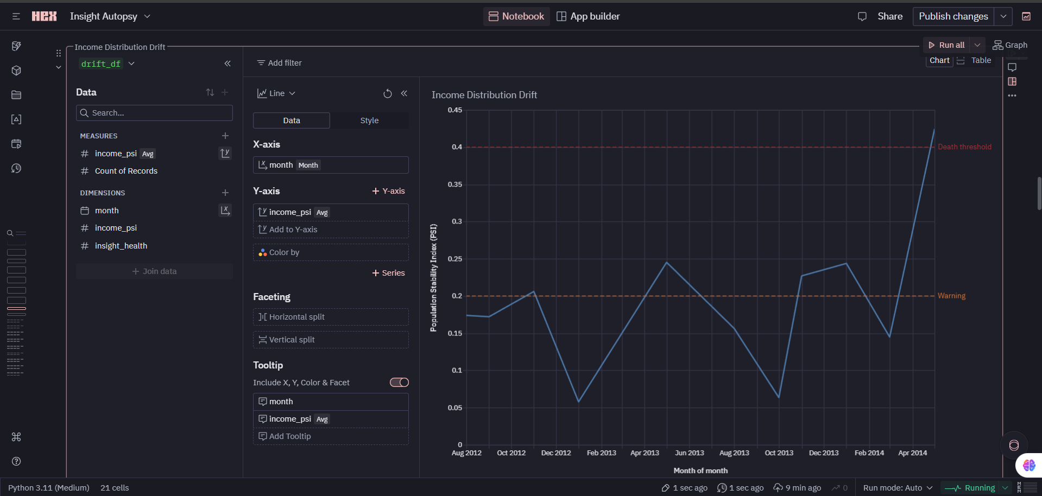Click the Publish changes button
[x=953, y=16]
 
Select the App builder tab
[x=589, y=16]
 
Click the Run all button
[x=947, y=45]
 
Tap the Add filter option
[x=280, y=63]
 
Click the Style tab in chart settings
[x=369, y=120]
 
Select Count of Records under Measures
[x=126, y=171]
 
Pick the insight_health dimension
[x=121, y=246]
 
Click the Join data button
[x=155, y=271]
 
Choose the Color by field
[x=331, y=252]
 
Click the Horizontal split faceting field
[x=331, y=317]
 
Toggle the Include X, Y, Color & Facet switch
[x=399, y=383]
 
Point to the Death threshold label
[x=964, y=147]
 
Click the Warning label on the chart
[x=951, y=296]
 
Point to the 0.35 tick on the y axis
[x=455, y=185]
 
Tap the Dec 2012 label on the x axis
[x=556, y=453]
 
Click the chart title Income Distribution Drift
[x=484, y=95]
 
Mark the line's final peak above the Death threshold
[x=934, y=130]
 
